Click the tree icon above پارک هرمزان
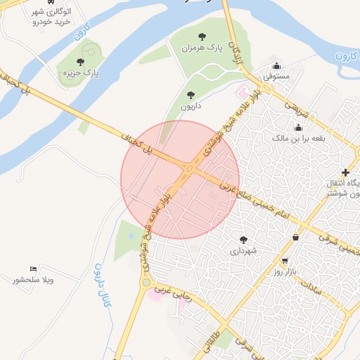pyautogui.click(x=202, y=36)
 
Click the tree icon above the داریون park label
pyautogui.click(x=190, y=95)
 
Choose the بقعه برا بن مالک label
pyautogui.click(x=300, y=139)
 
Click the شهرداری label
pyautogui.click(x=244, y=250)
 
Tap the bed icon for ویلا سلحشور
pyautogui.click(x=33, y=269)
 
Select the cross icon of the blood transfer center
pyautogui.click(x=345, y=173)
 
